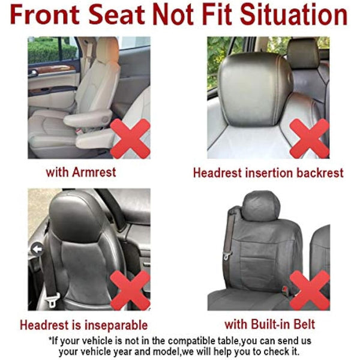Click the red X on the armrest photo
(x=130, y=137)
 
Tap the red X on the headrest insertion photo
(x=309, y=138)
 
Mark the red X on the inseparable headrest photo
(x=130, y=290)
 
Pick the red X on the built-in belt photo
(x=309, y=290)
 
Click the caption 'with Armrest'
(x=81, y=172)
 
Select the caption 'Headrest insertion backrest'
(x=268, y=173)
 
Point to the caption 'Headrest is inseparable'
(x=83, y=326)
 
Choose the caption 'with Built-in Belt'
(x=269, y=325)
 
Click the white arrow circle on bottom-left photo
(x=37, y=248)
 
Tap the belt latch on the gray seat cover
(x=227, y=254)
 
